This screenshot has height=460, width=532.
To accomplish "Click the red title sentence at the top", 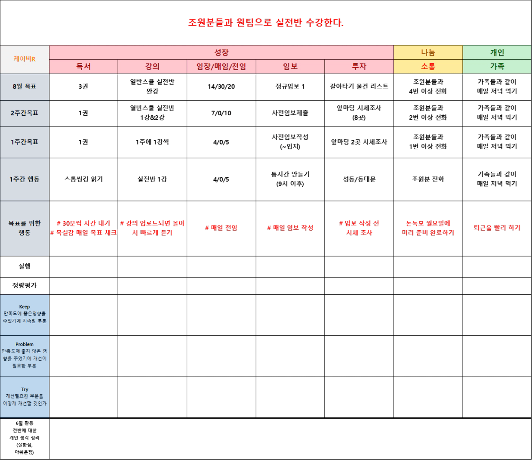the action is [266, 23].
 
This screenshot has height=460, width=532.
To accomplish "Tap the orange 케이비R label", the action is [25, 59].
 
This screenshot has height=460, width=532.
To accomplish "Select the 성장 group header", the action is [221, 52].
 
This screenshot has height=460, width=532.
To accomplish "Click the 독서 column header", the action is [83, 66].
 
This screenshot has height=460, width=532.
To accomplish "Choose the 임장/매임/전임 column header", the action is [221, 66].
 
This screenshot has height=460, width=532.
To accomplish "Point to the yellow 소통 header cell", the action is [428, 66].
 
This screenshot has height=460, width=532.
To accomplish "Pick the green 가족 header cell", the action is [497, 66].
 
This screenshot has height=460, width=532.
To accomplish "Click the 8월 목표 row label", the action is [25, 86].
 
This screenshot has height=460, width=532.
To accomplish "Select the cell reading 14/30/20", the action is [221, 86].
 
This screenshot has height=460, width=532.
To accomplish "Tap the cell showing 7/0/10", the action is [221, 113].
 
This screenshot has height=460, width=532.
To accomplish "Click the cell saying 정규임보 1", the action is [290, 86].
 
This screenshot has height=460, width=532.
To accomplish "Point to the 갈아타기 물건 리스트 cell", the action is [359, 86].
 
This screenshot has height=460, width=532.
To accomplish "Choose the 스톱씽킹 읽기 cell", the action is [83, 179].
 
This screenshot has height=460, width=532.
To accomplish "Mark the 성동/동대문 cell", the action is [359, 179].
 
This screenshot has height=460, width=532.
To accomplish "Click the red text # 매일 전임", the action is [221, 228].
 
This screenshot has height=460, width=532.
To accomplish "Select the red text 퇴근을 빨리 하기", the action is [497, 228].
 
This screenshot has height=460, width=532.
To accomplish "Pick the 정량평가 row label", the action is [25, 285].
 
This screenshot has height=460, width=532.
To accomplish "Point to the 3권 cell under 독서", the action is [83, 86].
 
